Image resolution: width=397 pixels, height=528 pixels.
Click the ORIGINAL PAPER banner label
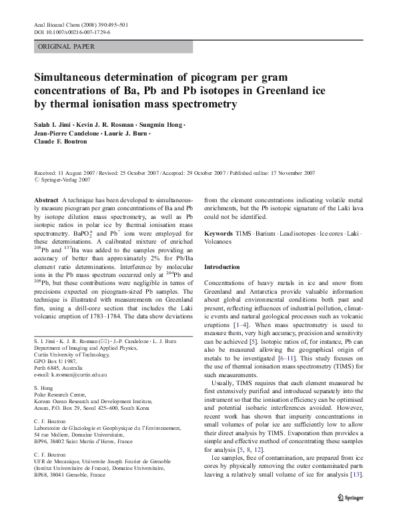coord(67,47)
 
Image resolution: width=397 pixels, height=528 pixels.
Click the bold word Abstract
coord(46,200)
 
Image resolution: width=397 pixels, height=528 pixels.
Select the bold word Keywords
coord(218,234)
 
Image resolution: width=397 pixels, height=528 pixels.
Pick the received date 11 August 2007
coord(75,172)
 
